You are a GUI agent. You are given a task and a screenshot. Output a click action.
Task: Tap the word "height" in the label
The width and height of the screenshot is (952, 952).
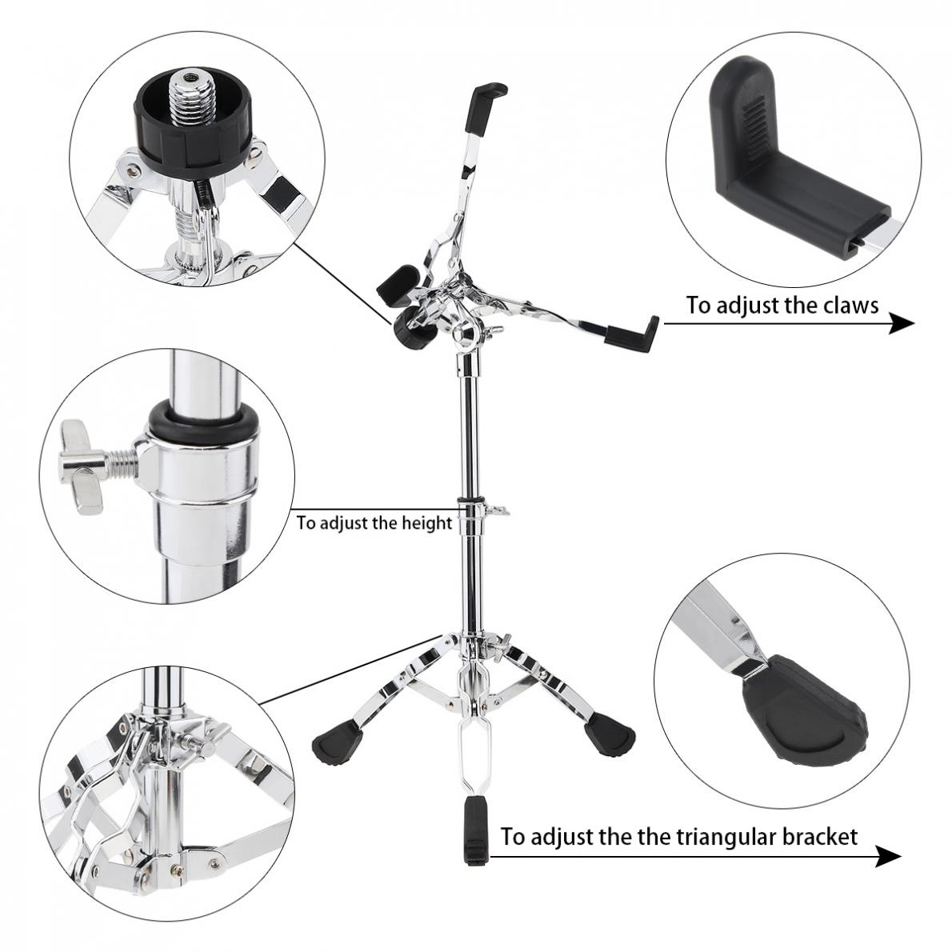427,523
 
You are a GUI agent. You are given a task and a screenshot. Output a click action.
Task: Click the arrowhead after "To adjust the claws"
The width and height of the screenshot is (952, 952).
902,323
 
